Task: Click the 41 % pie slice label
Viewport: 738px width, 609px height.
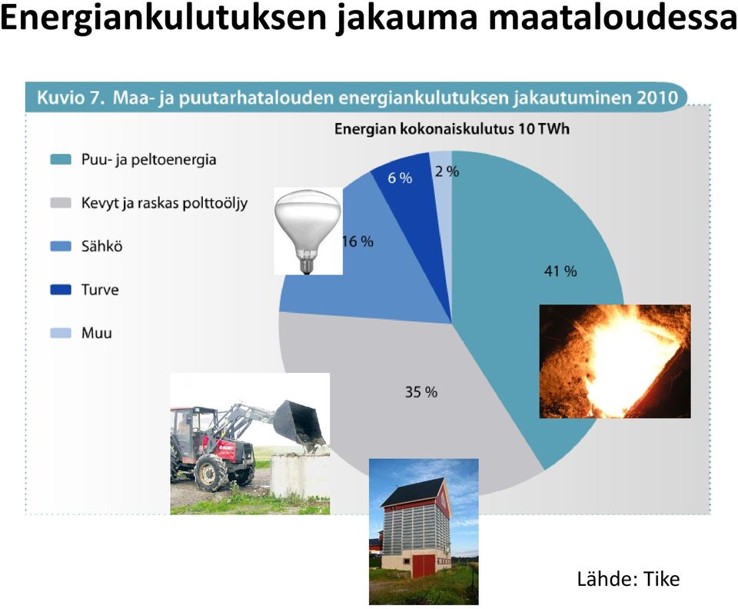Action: (560, 271)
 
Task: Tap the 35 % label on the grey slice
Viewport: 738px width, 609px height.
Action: (421, 392)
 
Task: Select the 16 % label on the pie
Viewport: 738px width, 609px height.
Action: (357, 241)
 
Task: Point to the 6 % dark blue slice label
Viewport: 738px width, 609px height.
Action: (400, 178)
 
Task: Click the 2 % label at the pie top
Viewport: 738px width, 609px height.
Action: (447, 171)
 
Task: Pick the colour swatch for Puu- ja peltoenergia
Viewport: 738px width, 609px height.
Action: (61, 159)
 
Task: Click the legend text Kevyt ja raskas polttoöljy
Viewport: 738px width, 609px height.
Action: (165, 203)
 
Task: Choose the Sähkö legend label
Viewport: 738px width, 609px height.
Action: (101, 246)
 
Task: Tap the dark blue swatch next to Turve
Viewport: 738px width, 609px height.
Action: (61, 289)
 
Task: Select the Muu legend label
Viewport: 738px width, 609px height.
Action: (97, 333)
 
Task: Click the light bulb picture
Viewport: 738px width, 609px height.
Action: (307, 231)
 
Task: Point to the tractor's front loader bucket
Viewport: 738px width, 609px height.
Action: (299, 425)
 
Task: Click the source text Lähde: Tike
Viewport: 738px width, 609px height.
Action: (628, 579)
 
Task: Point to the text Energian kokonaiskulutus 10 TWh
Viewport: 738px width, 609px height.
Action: (452, 129)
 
